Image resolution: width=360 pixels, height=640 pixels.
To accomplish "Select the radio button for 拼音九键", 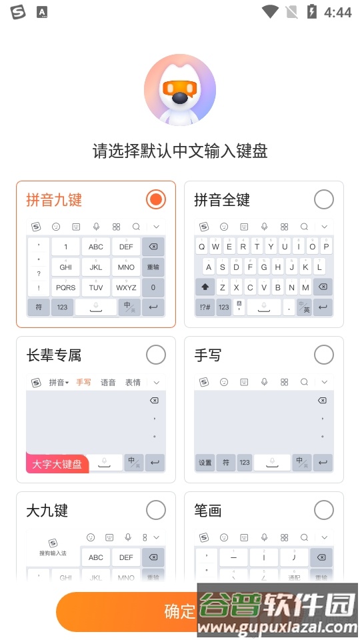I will [x=155, y=199].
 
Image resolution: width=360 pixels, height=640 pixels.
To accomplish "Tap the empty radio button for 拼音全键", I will [x=323, y=199].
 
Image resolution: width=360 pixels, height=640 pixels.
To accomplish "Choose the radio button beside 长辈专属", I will [x=155, y=355].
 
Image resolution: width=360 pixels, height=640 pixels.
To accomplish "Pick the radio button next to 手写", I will [x=323, y=355].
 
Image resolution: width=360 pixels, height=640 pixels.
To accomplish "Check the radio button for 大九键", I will [x=155, y=510].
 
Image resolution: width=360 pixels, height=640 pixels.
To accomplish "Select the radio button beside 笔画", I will [x=323, y=510].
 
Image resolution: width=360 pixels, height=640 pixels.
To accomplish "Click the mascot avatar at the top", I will [x=179, y=90].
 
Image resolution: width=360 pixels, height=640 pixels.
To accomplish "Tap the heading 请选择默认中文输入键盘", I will [x=179, y=151].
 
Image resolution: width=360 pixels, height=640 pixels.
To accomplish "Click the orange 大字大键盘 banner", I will [x=57, y=463].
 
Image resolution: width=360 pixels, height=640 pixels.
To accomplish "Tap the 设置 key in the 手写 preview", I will [x=205, y=463].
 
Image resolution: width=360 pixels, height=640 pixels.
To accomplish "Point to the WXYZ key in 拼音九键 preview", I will [x=126, y=287].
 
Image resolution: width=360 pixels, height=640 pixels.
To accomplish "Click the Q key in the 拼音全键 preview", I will [x=202, y=247].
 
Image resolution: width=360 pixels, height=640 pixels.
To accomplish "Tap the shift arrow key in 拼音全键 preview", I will [x=205, y=287].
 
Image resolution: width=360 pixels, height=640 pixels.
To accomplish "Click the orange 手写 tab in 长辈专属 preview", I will [x=84, y=382].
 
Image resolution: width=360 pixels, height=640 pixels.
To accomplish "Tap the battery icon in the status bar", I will [x=311, y=12].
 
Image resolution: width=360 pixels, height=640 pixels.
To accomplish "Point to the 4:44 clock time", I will [x=337, y=12].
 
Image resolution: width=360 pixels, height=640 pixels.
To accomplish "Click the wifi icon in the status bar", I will [x=270, y=12].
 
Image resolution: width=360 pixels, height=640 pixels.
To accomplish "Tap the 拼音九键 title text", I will [x=54, y=199].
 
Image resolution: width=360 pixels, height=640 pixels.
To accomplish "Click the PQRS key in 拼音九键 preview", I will [x=65, y=287].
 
